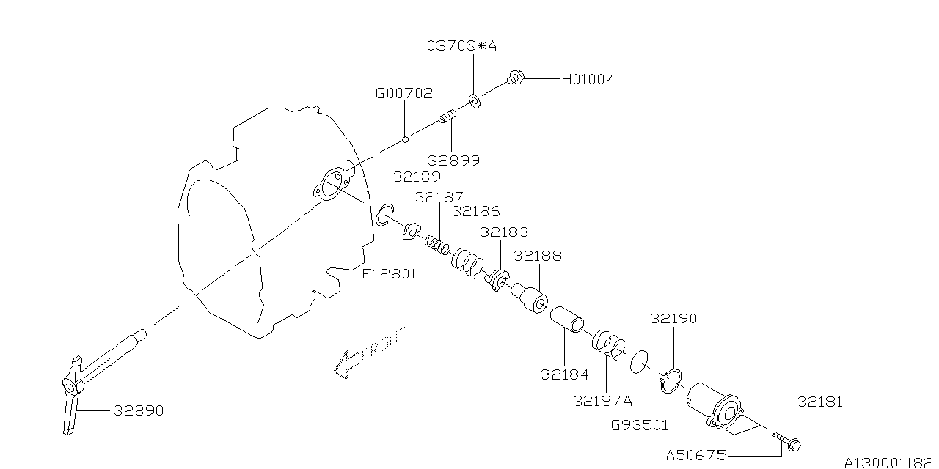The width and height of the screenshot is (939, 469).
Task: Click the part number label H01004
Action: pos(588,79)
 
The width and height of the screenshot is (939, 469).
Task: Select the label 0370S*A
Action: pos(461,45)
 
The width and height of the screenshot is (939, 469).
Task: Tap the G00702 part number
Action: pos(403,94)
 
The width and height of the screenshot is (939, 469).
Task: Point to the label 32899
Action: pos(455,160)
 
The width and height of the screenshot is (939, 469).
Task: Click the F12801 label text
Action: pos(389,274)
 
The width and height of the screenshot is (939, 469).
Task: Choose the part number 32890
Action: pos(138,411)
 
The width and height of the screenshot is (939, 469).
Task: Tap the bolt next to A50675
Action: pos(789,442)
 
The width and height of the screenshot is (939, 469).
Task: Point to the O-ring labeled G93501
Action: pos(640,361)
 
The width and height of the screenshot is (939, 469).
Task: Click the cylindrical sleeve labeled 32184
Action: pos(567,320)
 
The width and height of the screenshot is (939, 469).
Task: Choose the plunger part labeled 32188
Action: pos(530,297)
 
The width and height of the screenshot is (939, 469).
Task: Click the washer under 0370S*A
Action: pos(475,100)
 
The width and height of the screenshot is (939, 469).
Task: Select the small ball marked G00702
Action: pos(405,139)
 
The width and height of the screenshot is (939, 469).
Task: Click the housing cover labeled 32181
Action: pos(723,408)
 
